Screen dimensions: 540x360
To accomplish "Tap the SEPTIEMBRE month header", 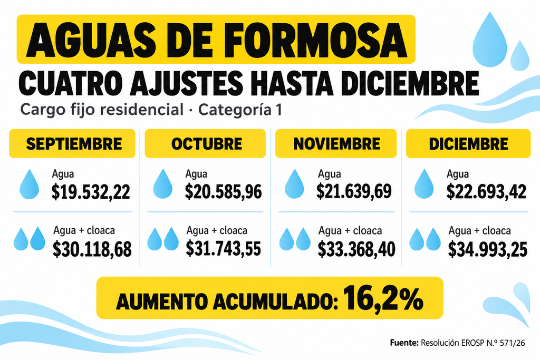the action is point(74,144).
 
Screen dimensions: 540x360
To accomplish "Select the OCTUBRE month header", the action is point(207,144).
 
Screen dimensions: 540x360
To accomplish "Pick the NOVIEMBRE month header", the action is point(336,143).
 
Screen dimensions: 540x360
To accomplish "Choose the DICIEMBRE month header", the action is point(468,144).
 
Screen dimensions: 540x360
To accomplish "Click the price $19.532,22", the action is point(91,192).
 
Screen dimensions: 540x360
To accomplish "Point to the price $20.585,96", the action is point(223,192).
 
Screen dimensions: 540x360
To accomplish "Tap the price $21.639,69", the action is point(354,191).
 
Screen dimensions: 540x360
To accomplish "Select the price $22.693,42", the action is point(486,192).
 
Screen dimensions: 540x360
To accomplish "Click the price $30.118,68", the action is point(92,249).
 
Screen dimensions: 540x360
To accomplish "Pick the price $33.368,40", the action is point(356,249).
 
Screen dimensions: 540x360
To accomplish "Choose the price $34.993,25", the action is point(487,249).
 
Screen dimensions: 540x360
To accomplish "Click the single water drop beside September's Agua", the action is point(30,184).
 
